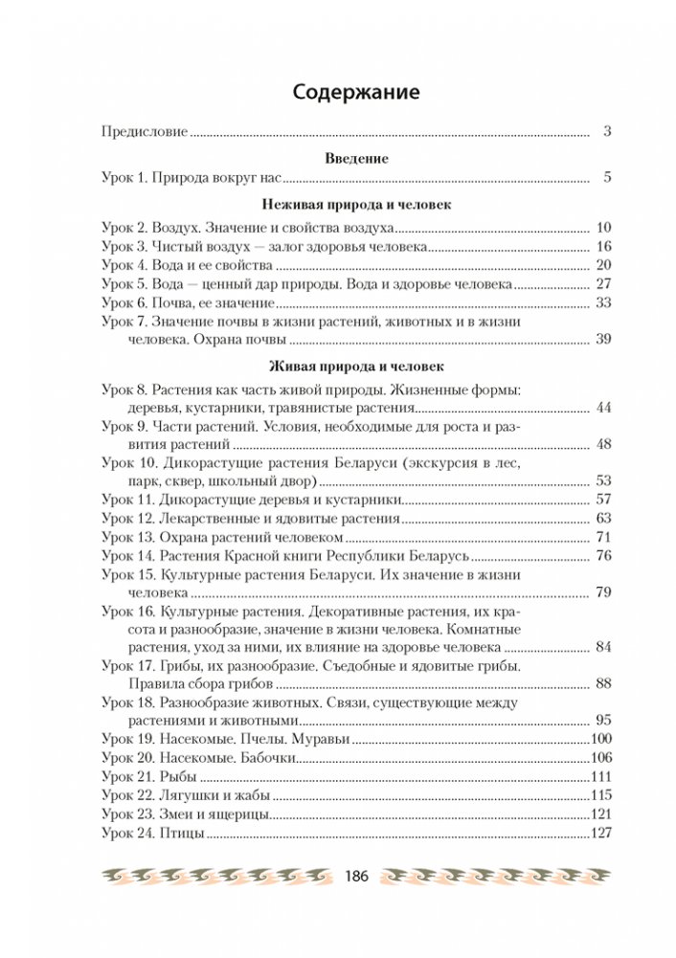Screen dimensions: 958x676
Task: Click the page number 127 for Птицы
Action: (x=599, y=835)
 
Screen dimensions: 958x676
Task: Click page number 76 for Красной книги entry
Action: (x=603, y=556)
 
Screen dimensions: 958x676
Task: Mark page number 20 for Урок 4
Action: (x=603, y=265)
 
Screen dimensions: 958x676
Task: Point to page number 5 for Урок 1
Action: (x=607, y=178)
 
